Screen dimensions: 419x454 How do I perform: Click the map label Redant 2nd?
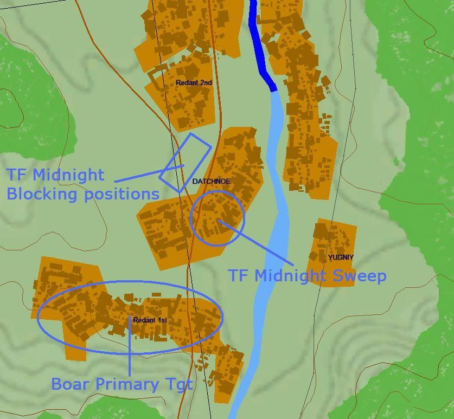194,83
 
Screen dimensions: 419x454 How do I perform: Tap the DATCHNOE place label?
211,181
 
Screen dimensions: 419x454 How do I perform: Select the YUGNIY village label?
341,257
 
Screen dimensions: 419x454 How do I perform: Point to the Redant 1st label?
150,320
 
